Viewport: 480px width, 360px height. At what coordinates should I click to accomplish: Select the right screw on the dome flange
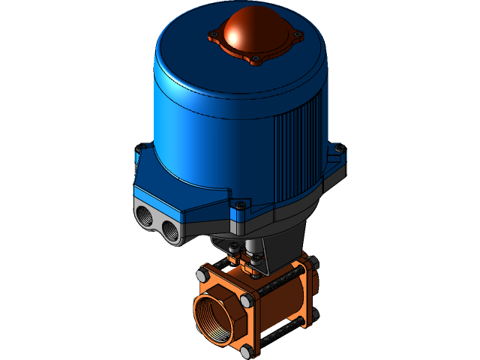tap(298, 34)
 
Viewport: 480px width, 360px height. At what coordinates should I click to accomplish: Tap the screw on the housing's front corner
tap(240, 205)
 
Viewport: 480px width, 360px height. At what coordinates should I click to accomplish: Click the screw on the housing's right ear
tap(339, 147)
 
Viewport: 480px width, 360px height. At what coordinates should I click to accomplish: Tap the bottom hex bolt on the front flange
tap(248, 349)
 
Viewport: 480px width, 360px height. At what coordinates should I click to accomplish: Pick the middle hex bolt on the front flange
tap(245, 301)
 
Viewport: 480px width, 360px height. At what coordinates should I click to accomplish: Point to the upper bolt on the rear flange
tap(312, 262)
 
